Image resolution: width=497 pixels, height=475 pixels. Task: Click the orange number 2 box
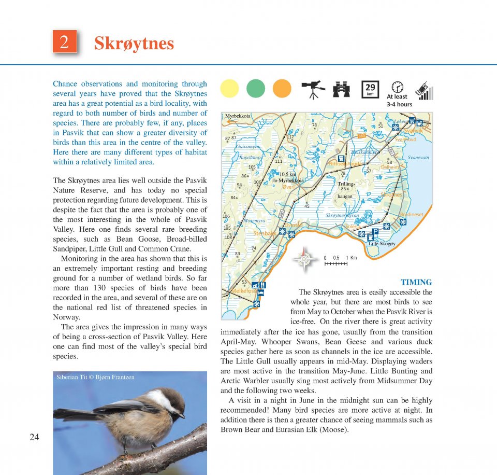pos(65,42)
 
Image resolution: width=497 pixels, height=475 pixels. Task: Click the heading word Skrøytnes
pos(134,44)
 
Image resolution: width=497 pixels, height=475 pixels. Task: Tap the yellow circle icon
pos(229,89)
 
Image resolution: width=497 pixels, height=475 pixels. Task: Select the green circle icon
pos(256,89)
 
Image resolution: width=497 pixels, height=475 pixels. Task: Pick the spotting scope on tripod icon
pos(312,89)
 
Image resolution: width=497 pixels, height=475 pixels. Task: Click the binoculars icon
pos(342,89)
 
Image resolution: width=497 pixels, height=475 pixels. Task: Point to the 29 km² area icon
pos(370,89)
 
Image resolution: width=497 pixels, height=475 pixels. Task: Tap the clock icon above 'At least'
pos(397,87)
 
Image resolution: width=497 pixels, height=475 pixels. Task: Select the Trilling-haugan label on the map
pos(346,190)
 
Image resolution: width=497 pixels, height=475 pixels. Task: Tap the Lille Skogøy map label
pos(382,243)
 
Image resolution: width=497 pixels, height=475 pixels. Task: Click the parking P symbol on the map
pos(375,231)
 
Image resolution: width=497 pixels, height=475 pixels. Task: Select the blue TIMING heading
pos(416,282)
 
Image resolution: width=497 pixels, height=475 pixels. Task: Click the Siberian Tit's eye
pos(172,405)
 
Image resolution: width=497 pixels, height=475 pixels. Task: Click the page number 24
pos(34,437)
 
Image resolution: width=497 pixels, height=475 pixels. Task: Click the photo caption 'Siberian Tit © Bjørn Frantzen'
pos(95,377)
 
